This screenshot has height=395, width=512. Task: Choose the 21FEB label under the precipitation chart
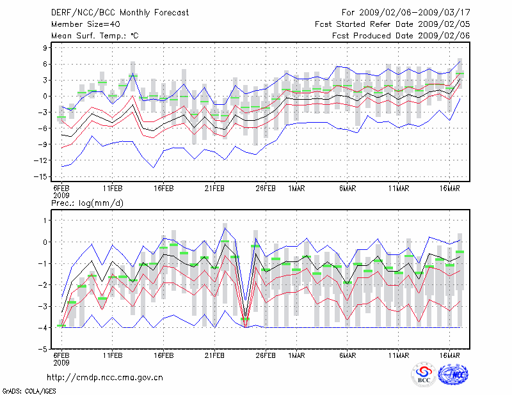coord(215,355)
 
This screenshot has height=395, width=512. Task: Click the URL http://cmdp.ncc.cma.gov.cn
coord(105,377)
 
